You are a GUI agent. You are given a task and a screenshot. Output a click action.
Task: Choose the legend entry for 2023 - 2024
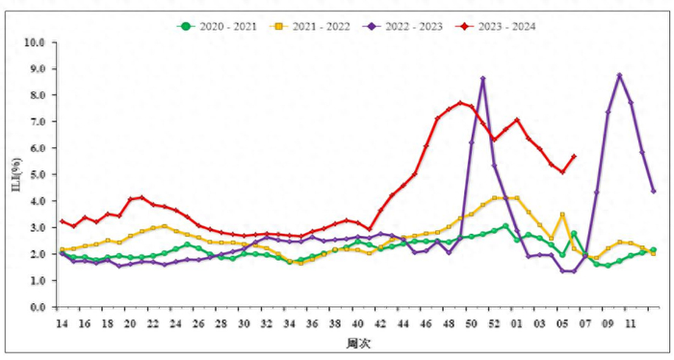coord(501,26)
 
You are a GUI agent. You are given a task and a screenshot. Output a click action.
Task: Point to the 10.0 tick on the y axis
coord(35,43)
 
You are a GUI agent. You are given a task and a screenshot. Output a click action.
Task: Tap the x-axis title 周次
coord(356,343)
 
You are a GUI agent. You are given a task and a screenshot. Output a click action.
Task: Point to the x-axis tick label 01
coord(517,323)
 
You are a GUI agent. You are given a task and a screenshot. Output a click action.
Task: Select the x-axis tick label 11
coord(631,323)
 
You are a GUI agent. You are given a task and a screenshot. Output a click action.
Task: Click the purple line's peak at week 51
coord(482,79)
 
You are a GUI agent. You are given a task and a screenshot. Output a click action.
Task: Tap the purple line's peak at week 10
coord(620,75)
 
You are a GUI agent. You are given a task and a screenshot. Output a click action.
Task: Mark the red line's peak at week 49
coord(460,103)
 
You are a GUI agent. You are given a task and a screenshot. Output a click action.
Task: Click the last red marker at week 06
coord(574,156)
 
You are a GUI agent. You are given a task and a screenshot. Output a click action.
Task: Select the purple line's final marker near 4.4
coord(654,192)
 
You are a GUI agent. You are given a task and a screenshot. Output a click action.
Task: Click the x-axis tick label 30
coord(245,323)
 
